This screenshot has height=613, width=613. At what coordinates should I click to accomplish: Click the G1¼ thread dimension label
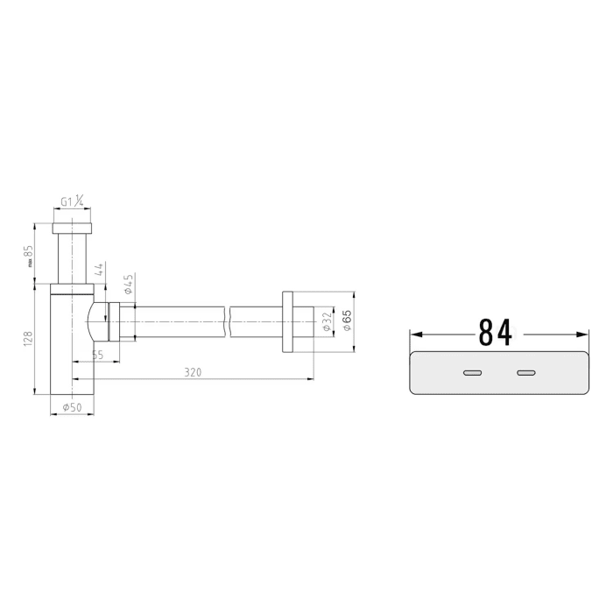coord(72,201)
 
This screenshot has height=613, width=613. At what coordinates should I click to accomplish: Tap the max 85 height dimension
coord(29,256)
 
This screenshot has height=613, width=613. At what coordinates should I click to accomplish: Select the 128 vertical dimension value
coord(28,339)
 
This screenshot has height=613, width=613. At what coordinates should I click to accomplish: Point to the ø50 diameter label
coord(72,407)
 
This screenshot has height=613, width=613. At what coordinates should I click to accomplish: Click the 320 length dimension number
coord(193,372)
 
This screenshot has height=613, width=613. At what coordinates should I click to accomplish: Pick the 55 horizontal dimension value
coord(97,355)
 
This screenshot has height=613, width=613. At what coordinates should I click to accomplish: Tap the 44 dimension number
coord(99,270)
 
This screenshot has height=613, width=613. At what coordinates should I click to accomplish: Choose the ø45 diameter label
coord(128,284)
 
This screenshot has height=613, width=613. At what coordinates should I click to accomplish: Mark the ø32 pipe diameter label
coord(327,321)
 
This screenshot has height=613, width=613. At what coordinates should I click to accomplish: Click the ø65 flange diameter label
coord(347,321)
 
